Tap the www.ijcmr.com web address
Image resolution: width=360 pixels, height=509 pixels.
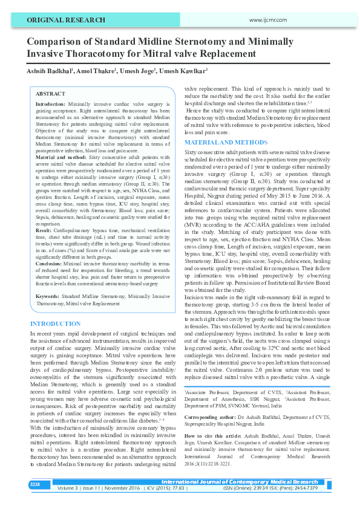267,20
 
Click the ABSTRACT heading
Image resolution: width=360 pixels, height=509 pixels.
50,94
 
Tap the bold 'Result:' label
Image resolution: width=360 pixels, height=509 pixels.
44,230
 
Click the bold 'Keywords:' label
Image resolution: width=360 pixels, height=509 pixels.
48,297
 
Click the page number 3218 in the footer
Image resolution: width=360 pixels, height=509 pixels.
34,484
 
